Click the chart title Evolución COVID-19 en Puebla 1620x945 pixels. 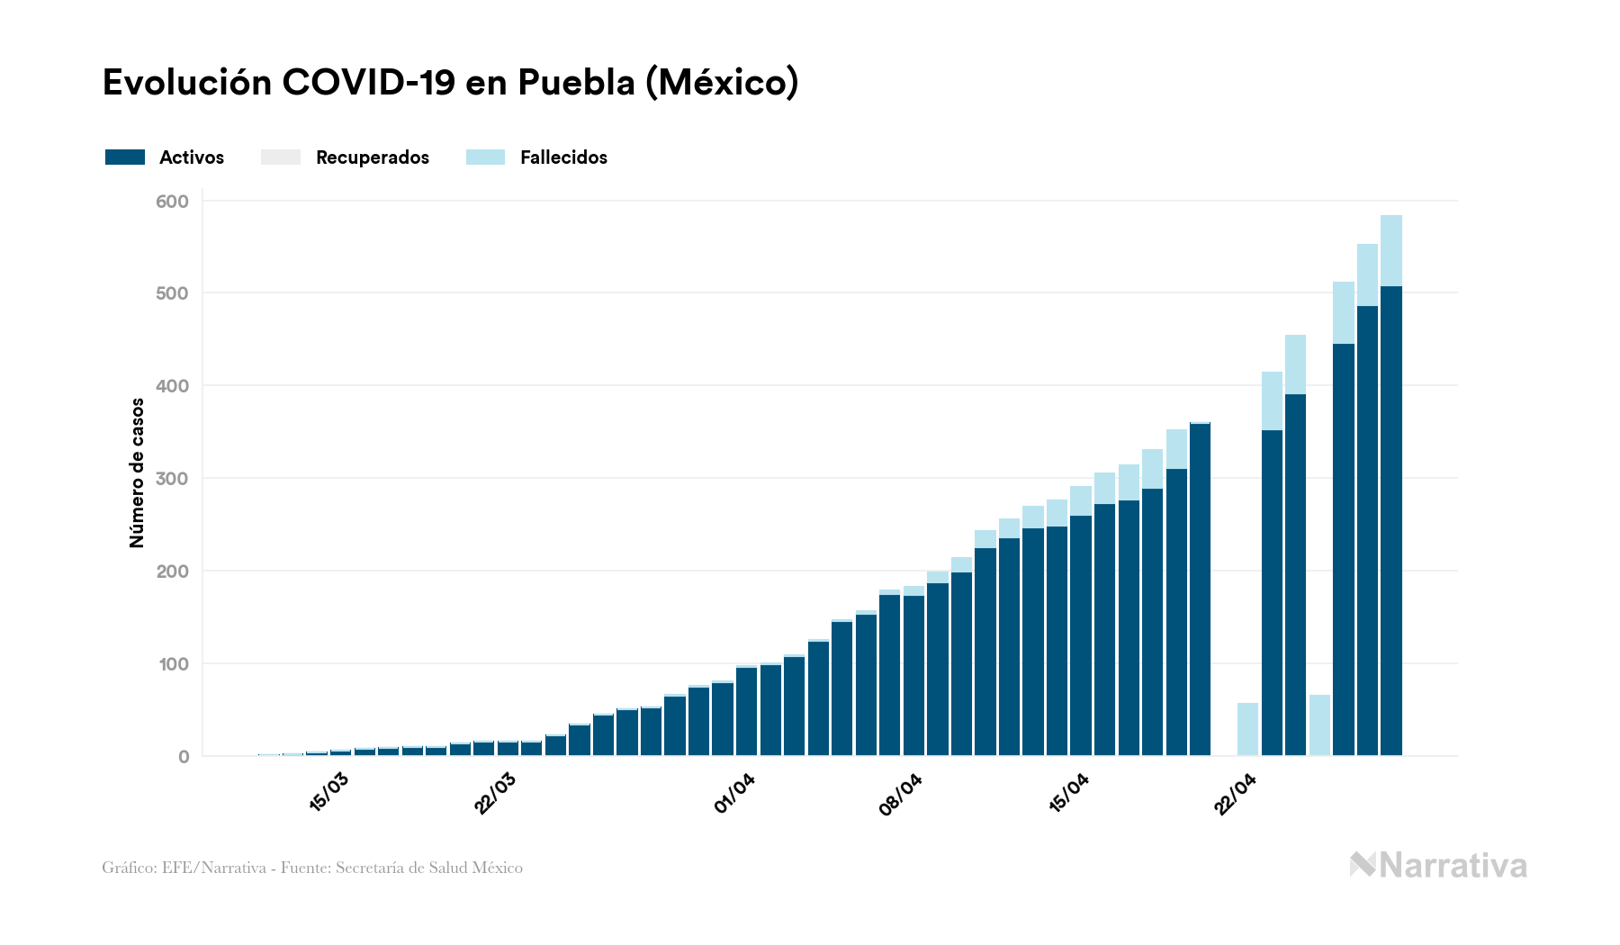450,83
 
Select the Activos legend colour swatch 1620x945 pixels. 125,157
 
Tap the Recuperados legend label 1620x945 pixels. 372,157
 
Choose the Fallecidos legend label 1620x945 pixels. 563,157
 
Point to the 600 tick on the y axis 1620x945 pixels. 172,202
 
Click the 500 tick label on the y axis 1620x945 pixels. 172,293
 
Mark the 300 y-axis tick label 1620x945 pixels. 172,479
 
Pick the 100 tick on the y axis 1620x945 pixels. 172,664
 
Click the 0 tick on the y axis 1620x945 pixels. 184,757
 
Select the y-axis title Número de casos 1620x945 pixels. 137,472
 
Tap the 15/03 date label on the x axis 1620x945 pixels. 328,792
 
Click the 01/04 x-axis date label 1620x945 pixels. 734,793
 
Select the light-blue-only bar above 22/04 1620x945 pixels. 1247,729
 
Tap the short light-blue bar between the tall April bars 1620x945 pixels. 1319,724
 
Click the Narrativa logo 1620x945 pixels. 1438,866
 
